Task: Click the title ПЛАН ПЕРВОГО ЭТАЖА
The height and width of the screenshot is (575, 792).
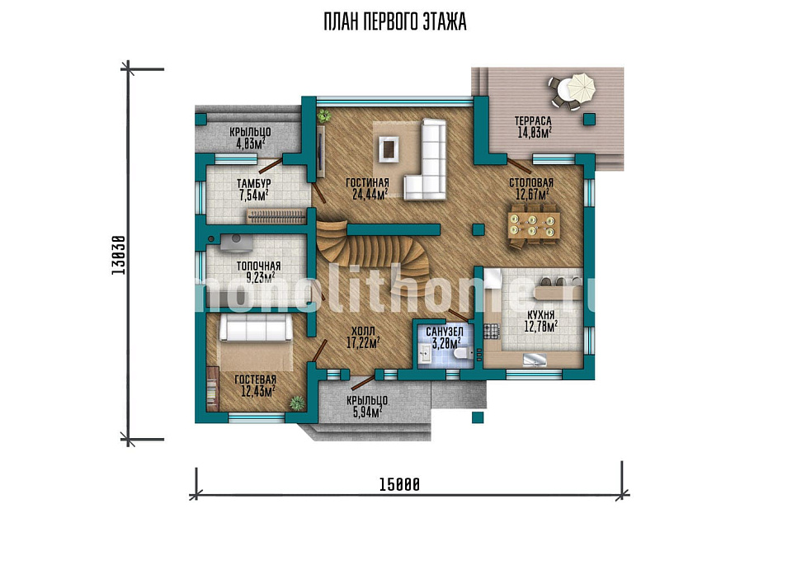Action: click(x=395, y=22)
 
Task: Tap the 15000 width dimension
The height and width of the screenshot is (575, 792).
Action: click(x=399, y=485)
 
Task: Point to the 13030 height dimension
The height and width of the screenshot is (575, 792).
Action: click(x=118, y=255)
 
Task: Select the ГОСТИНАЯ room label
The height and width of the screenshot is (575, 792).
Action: click(x=367, y=182)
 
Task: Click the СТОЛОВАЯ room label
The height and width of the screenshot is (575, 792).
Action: click(x=530, y=182)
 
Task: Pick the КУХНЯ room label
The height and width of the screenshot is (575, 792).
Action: click(x=540, y=315)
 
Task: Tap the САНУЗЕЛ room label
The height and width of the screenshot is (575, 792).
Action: click(x=445, y=332)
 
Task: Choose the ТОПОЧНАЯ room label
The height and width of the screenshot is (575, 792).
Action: click(x=258, y=266)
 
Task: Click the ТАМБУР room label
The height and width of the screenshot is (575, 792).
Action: click(x=254, y=183)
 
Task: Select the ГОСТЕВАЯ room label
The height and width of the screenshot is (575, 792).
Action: click(x=256, y=380)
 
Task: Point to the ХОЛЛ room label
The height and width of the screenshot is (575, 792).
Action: click(x=363, y=332)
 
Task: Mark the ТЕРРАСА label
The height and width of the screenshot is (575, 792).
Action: click(x=533, y=121)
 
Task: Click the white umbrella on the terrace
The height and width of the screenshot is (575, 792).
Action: click(x=581, y=87)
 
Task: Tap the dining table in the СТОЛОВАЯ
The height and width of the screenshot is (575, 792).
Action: click(x=535, y=225)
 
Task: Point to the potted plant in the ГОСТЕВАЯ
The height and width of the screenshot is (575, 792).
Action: click(x=296, y=403)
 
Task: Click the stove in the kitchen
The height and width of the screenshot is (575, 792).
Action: click(x=492, y=331)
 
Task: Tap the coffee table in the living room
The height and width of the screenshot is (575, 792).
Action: click(x=388, y=149)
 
